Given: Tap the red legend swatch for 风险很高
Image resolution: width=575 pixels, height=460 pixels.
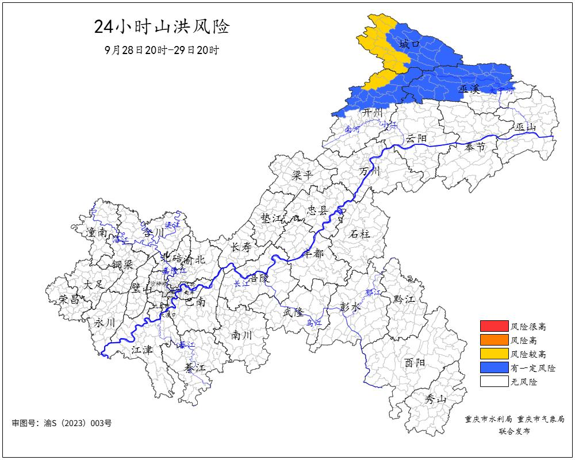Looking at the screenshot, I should [494, 326].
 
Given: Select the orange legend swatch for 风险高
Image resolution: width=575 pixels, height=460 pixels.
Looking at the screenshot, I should [494, 340].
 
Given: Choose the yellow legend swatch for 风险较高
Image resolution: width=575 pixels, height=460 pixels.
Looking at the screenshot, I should [494, 354].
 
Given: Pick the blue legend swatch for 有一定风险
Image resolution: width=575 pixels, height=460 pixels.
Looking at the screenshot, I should [494, 367].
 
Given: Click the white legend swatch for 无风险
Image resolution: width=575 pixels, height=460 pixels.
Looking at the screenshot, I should [494, 381].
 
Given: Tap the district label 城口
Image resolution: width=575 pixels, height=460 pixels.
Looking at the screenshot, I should [410, 44].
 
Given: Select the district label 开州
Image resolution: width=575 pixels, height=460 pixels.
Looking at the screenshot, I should [371, 113].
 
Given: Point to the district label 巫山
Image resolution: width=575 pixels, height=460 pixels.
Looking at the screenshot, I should [526, 127].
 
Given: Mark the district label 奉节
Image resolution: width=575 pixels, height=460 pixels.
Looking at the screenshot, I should [475, 147].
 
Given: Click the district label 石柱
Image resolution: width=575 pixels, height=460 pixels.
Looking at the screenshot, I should [360, 233].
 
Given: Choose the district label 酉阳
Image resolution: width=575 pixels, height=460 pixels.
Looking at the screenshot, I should [414, 363].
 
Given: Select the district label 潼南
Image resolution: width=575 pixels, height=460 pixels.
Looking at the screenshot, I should [97, 232].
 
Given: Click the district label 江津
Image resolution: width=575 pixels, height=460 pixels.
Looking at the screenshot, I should [141, 349].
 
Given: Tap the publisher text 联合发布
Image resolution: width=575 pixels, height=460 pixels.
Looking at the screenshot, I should [515, 431].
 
